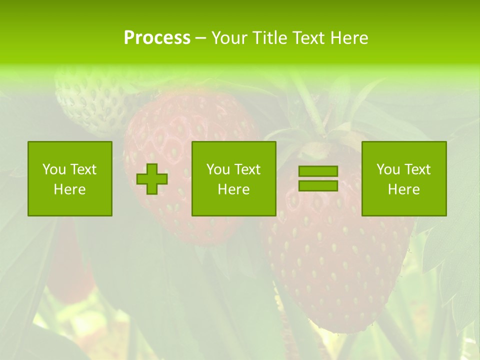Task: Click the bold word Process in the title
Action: (x=157, y=38)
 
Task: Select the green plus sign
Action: (x=152, y=179)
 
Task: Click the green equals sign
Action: (x=318, y=178)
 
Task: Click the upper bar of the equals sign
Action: (x=318, y=171)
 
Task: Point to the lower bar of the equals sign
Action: (x=318, y=185)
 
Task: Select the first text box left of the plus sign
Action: (x=70, y=178)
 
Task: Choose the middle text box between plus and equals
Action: (x=233, y=178)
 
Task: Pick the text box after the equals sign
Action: (x=404, y=178)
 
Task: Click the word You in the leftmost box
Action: (x=53, y=169)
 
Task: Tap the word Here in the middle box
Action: (x=233, y=189)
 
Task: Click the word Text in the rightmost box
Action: (x=417, y=169)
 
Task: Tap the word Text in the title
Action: (x=309, y=38)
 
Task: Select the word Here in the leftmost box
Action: (x=70, y=189)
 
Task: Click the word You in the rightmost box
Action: (x=388, y=169)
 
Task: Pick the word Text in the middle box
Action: (x=247, y=169)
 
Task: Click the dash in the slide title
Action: (x=200, y=38)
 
